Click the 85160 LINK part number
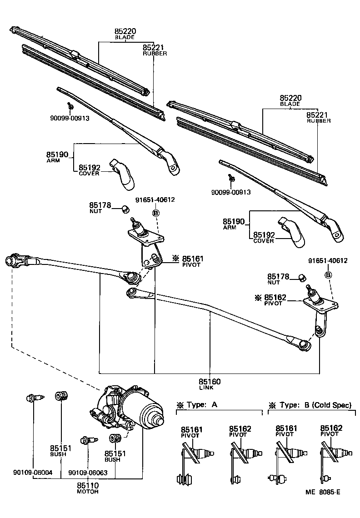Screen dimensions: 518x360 210,382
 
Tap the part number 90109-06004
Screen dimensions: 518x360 33,472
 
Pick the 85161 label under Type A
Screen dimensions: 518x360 191,429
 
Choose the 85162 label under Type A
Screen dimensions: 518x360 240,429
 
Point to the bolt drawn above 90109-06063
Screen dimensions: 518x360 87,440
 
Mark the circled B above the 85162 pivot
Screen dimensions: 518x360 328,275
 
